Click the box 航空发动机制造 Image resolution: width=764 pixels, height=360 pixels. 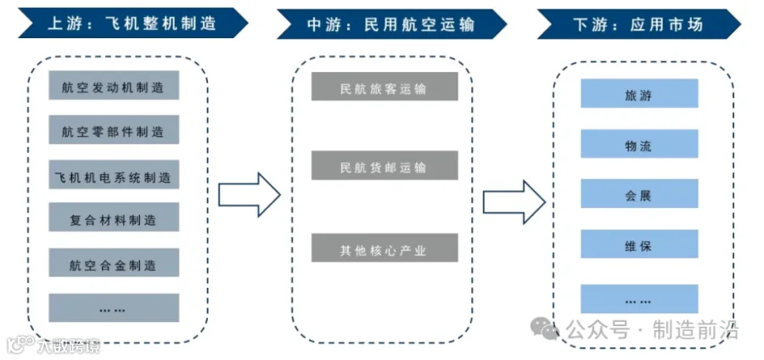tap(114, 87)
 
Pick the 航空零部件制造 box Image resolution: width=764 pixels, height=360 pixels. tap(114, 132)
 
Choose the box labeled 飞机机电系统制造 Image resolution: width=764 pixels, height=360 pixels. tap(114, 177)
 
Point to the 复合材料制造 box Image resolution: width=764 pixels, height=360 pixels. tap(114, 220)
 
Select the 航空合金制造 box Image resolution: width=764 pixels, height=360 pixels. tap(114, 264)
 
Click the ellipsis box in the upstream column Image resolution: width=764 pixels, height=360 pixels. tap(114, 308)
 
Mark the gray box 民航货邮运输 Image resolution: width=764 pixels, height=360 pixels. tap(385, 166)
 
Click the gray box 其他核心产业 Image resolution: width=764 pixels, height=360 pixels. tap(385, 249)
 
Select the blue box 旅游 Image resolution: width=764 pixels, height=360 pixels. tap(639, 94)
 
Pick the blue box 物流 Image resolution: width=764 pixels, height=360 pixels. tap(639, 145)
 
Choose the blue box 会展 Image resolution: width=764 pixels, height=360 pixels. tap(639, 194)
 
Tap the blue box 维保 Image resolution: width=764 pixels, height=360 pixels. tap(639, 245)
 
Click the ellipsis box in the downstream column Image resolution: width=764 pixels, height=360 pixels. tap(639, 299)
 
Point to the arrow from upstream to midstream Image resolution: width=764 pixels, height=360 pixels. tap(249, 194)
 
